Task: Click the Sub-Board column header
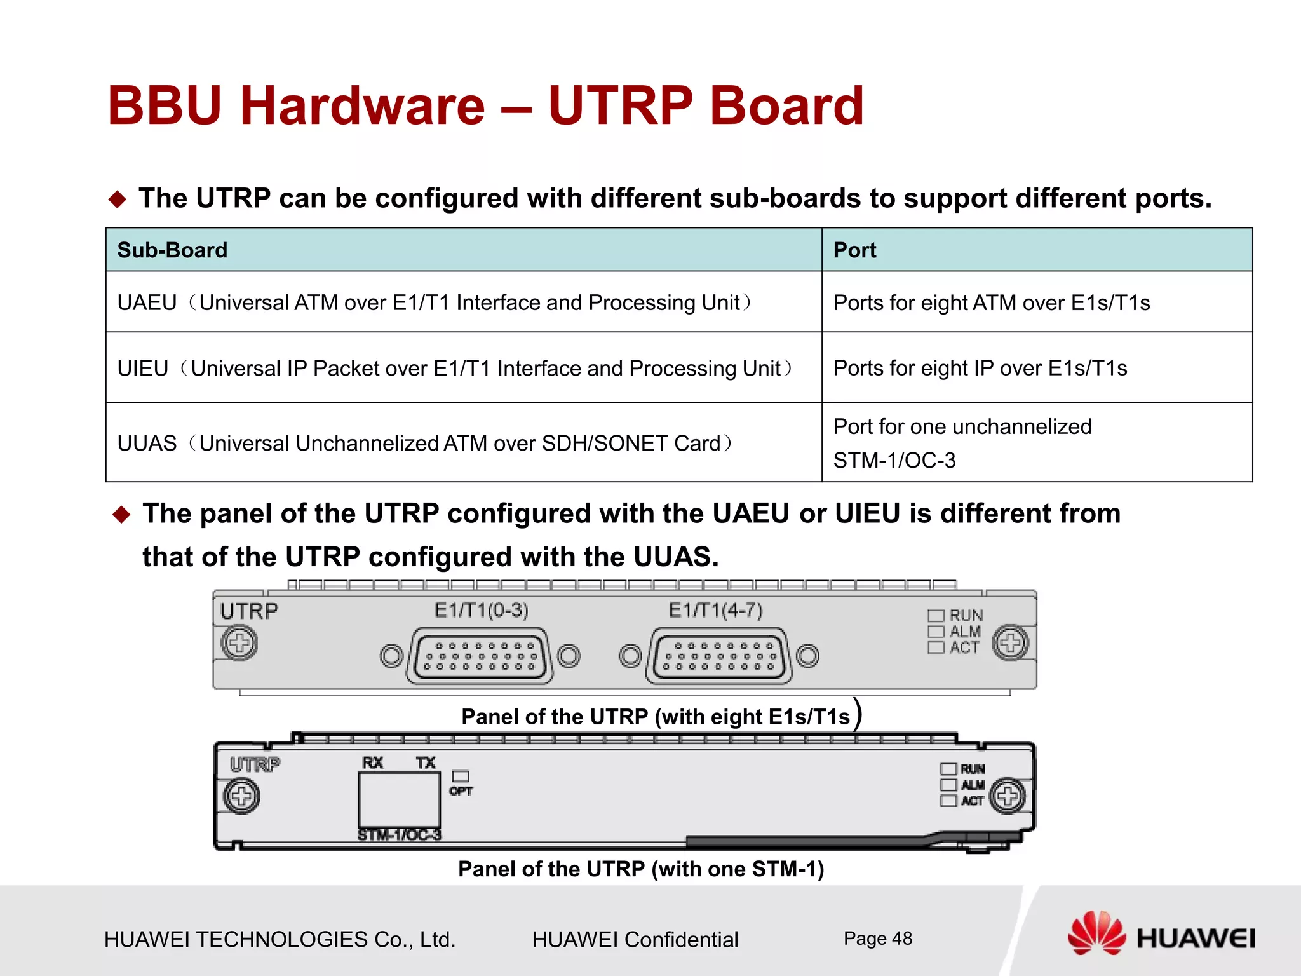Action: point(172,250)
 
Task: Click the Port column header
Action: point(854,250)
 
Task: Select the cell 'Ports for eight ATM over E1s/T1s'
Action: point(991,303)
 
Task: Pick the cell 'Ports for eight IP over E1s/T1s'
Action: point(980,369)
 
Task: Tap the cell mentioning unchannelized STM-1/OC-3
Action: point(962,443)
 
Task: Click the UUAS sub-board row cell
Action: point(425,443)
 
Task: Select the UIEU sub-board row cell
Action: point(455,369)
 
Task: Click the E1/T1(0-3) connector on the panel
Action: point(480,656)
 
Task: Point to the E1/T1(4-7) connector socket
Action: point(718,656)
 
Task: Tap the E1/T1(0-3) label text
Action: point(482,611)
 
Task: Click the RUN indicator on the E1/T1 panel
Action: point(936,616)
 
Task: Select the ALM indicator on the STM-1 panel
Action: point(948,785)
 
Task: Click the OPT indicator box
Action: point(461,776)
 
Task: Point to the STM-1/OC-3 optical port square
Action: point(399,799)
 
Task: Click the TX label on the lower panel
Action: point(426,762)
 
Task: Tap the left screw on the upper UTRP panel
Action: point(239,643)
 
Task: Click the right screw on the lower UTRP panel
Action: point(1008,796)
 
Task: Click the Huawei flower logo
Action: point(1096,933)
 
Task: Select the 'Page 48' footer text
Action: point(877,939)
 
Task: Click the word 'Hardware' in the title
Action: point(363,105)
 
